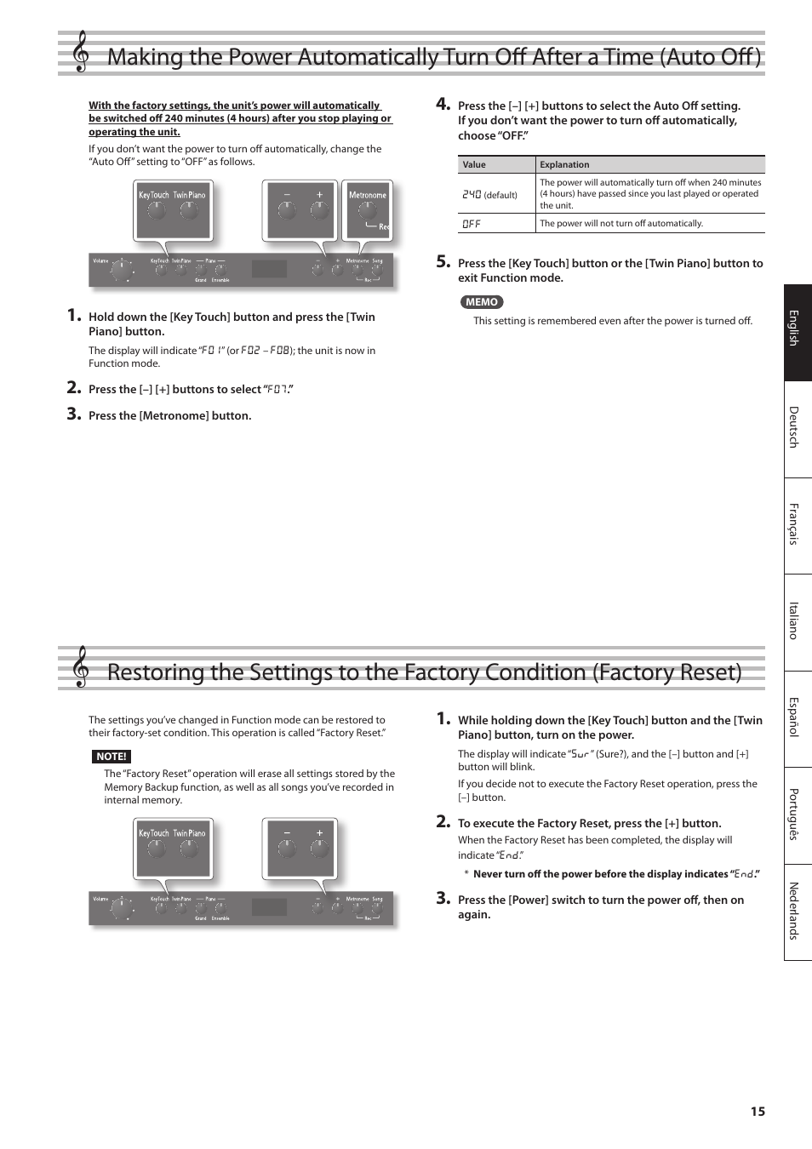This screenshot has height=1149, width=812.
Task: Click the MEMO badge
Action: click(x=482, y=302)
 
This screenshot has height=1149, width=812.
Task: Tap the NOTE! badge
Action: click(x=112, y=757)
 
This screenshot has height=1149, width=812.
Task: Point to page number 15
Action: click(x=758, y=1112)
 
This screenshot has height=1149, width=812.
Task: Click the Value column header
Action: click(x=474, y=165)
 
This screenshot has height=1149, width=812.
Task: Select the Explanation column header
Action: click(x=564, y=165)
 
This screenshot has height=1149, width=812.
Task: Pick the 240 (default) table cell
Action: click(x=489, y=195)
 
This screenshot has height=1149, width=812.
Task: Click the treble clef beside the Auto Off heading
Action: click(x=81, y=52)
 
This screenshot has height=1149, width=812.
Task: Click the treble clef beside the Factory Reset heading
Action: click(x=81, y=667)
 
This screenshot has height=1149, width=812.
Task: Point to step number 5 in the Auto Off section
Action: click(x=443, y=262)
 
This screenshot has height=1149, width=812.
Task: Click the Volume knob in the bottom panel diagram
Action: click(x=122, y=908)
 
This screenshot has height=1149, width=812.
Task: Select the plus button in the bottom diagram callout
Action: click(x=320, y=849)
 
